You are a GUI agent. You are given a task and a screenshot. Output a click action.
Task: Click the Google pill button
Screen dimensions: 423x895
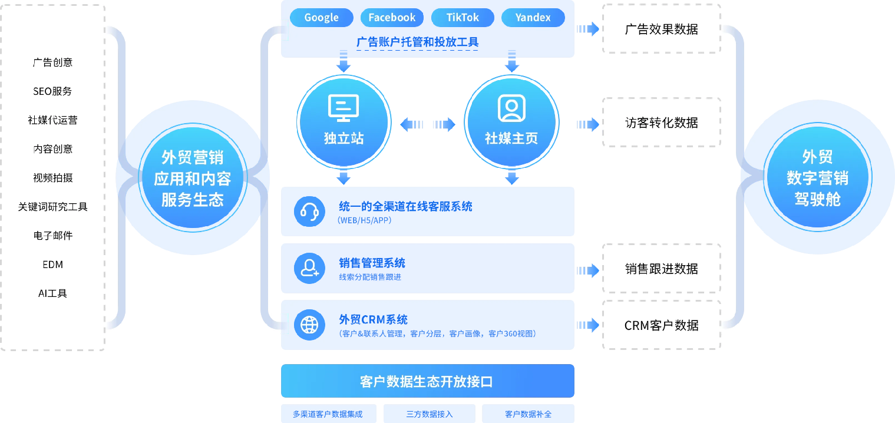coord(321,18)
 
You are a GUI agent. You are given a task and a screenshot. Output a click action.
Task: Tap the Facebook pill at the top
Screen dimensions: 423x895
coord(392,18)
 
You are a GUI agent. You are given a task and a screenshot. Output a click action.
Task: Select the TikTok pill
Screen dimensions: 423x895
coord(463,18)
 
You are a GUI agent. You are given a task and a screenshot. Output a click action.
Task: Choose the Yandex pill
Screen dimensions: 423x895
coord(533,18)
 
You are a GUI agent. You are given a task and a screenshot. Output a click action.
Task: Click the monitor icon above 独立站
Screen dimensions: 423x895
coord(344,108)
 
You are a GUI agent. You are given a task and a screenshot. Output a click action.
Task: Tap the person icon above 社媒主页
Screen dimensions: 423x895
coord(511,108)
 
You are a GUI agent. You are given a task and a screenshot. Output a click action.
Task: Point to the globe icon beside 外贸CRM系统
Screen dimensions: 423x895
coord(309,325)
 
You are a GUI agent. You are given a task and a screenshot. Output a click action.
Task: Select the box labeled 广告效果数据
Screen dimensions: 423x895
coord(661,29)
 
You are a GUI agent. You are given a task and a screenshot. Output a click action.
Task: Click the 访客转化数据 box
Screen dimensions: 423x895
coord(661,123)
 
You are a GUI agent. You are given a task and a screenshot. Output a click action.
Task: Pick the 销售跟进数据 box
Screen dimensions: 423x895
coord(661,269)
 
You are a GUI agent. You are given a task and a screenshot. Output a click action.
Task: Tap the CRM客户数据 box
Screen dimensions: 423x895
coord(661,325)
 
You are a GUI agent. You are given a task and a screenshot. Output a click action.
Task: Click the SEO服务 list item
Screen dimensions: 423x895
coord(52,91)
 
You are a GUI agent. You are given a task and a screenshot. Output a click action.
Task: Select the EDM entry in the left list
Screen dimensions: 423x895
coord(52,265)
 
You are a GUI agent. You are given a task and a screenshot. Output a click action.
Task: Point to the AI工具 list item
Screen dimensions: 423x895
coord(52,293)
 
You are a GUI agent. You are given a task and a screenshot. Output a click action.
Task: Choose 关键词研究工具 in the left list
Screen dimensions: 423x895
coord(52,207)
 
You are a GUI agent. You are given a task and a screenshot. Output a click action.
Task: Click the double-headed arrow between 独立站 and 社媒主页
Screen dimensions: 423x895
coord(428,125)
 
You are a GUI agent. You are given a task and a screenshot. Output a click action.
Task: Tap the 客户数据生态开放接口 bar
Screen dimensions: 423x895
coord(427,381)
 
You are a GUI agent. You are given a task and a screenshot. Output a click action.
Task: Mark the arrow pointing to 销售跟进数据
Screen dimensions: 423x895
coord(587,270)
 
